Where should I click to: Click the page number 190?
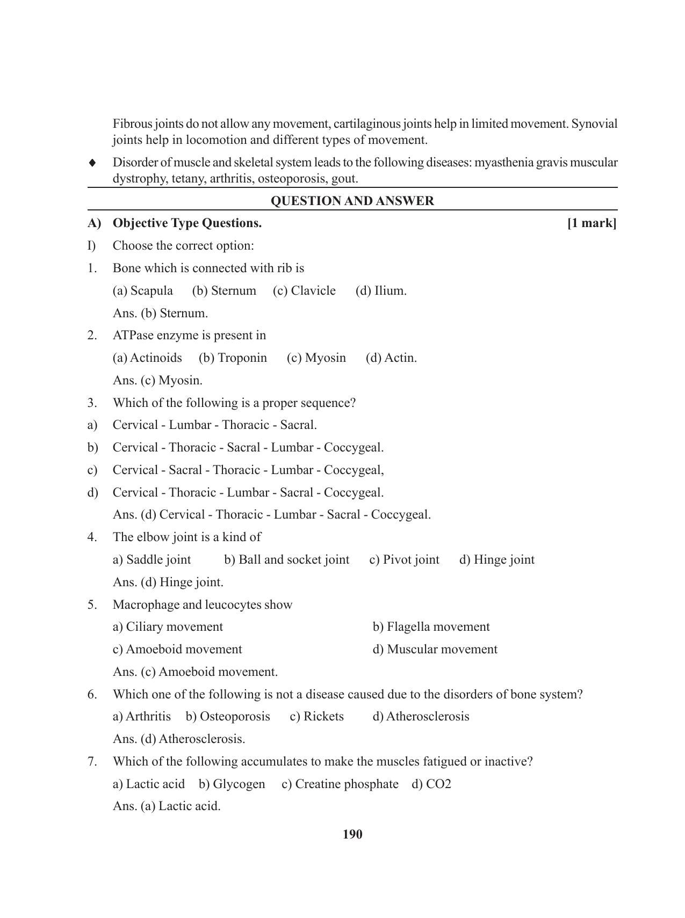point(352,834)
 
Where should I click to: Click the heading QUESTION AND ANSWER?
point(352,201)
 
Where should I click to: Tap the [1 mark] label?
point(592,223)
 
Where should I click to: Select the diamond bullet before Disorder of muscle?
point(92,162)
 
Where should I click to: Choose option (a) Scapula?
point(143,291)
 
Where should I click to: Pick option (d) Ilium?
point(381,291)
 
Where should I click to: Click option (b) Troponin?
point(233,358)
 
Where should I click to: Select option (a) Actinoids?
point(147,358)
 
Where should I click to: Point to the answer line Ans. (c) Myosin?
point(157,381)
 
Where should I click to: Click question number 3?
point(92,403)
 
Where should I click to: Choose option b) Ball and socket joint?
point(287,560)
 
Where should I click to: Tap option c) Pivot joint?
point(404,560)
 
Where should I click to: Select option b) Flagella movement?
point(431,627)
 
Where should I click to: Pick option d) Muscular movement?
point(435,650)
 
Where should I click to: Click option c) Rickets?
point(316,717)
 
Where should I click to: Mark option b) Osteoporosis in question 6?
point(228,717)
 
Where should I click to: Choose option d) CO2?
point(431,784)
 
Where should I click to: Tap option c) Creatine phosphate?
point(340,784)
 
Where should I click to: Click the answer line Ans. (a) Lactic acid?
point(167,806)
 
